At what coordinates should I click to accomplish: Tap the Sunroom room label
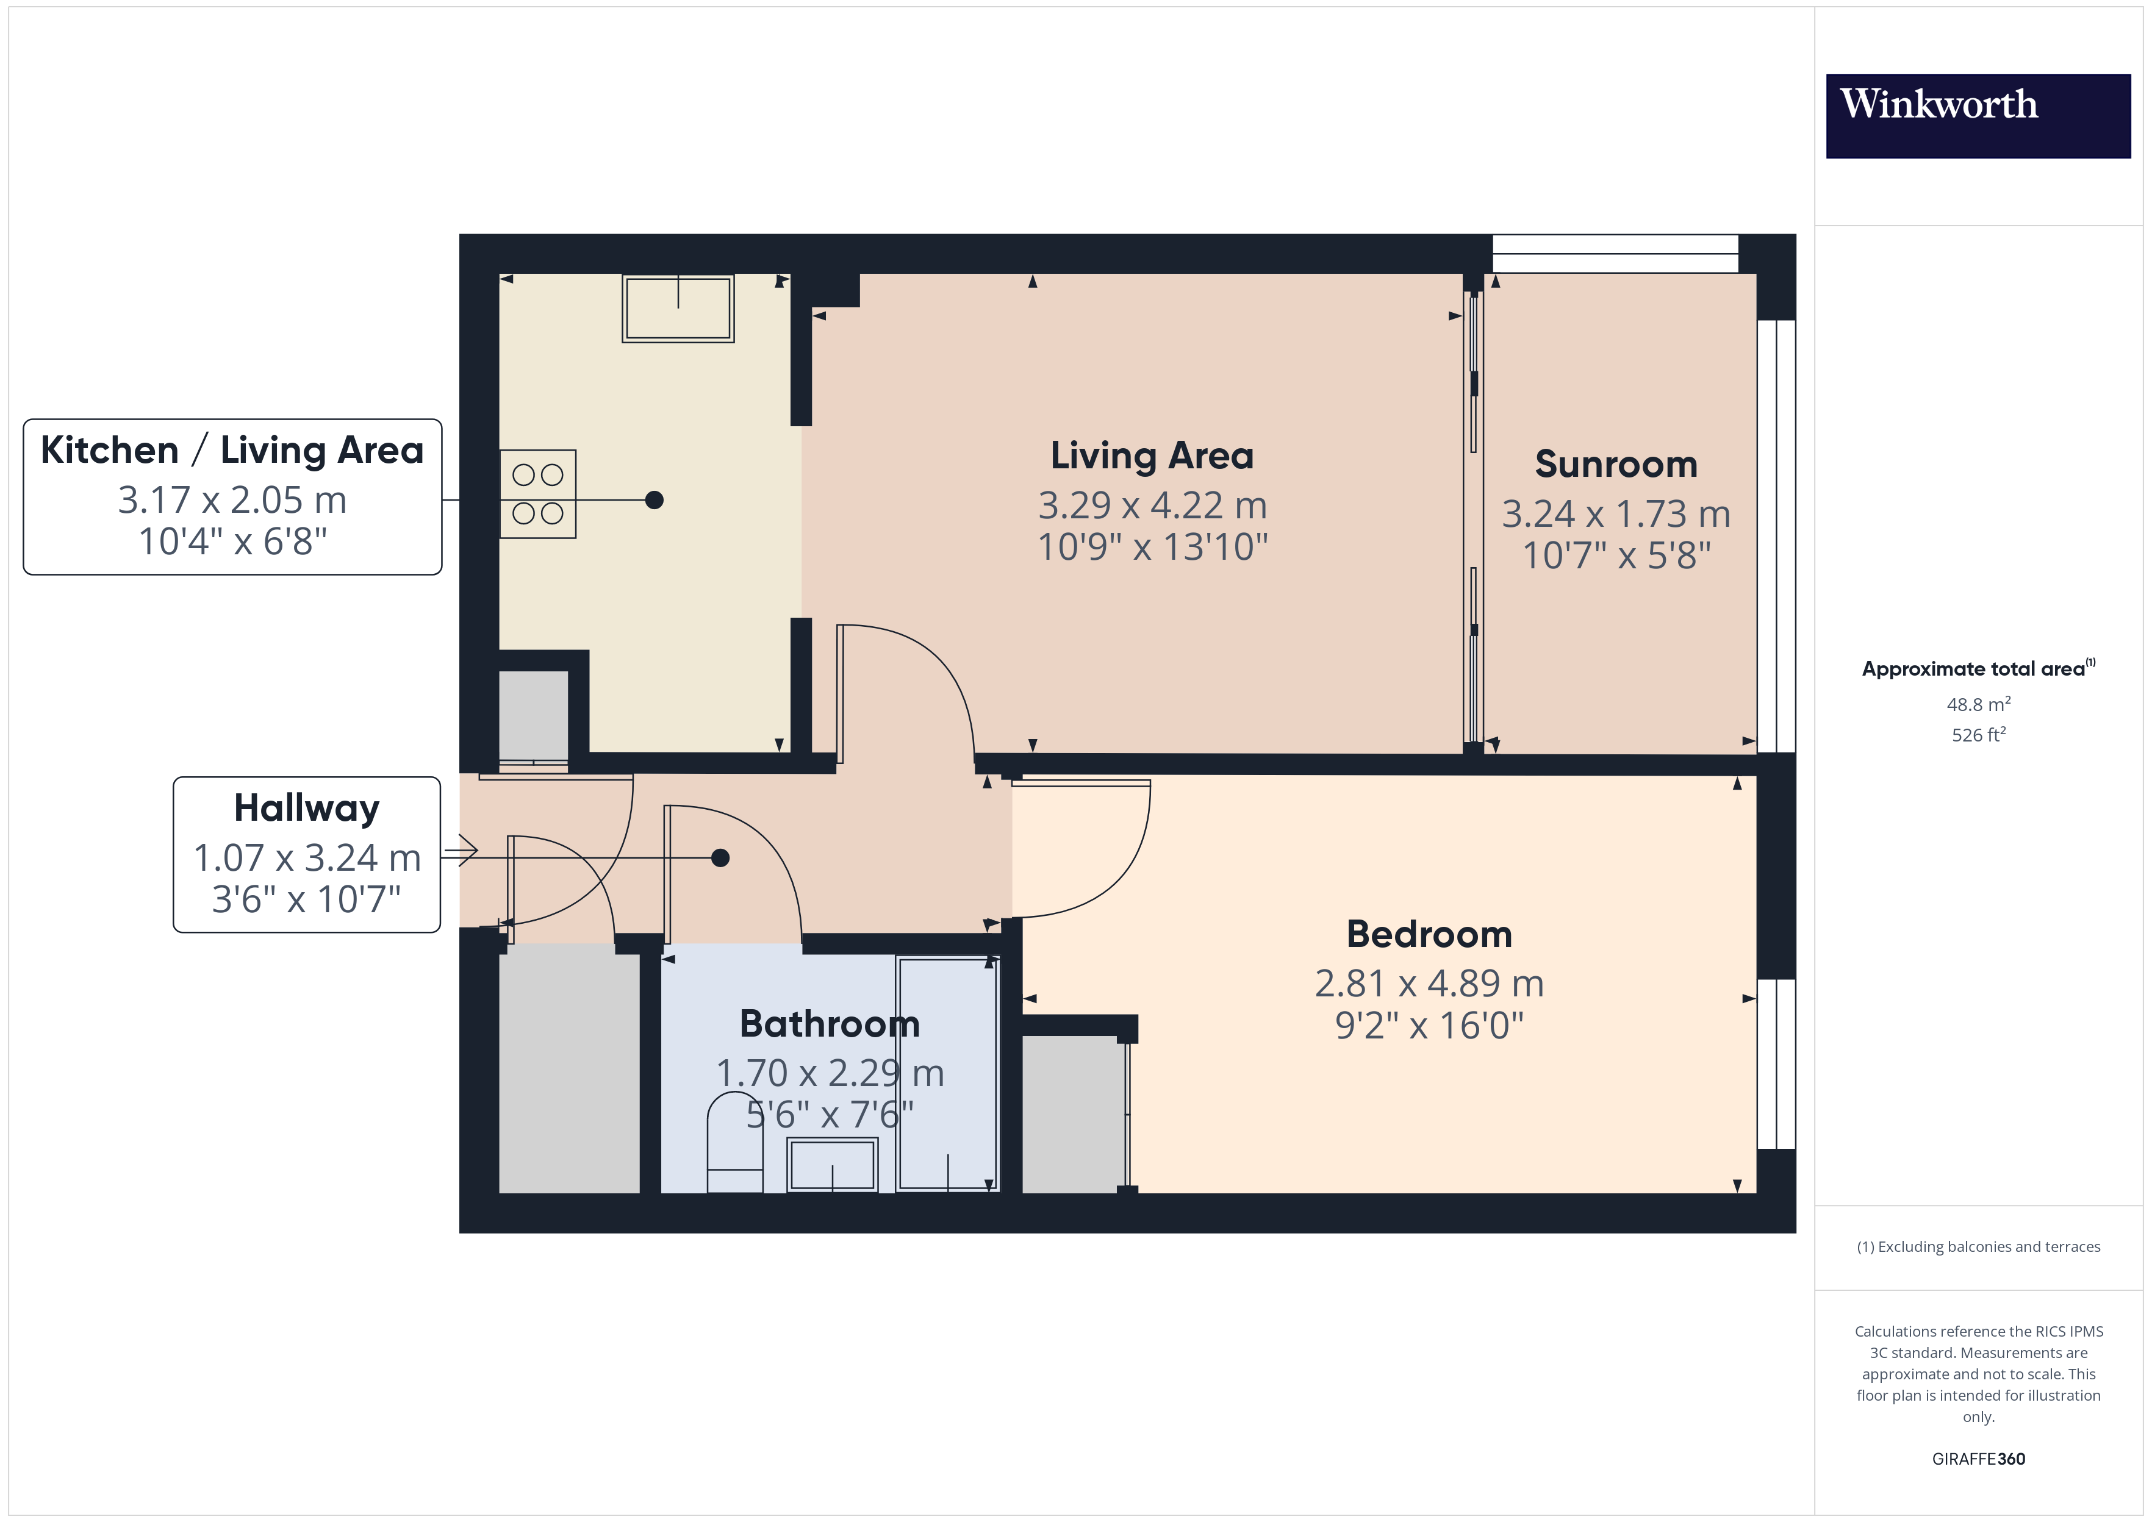(x=1615, y=464)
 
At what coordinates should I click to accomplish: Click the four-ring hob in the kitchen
(x=537, y=494)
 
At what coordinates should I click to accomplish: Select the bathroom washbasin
(x=831, y=1165)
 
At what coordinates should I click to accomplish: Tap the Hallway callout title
(x=306, y=808)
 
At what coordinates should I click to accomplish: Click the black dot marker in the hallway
(x=719, y=857)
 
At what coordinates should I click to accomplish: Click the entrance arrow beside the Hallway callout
(x=461, y=851)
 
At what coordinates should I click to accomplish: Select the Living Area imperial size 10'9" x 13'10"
(x=1152, y=548)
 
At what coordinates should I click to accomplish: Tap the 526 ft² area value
(x=1978, y=735)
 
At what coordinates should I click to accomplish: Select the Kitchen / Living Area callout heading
(x=232, y=451)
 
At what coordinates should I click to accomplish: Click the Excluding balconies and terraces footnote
(x=1978, y=1246)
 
